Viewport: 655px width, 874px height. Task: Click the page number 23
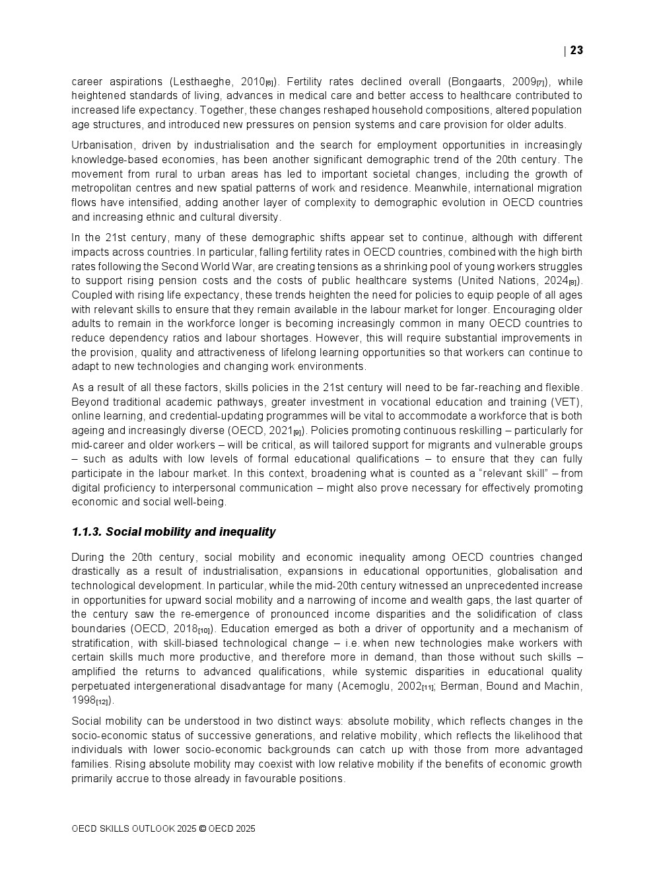tap(576, 51)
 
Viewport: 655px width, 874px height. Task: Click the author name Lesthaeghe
tap(201, 82)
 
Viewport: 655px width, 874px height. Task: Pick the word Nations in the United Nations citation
tap(515, 281)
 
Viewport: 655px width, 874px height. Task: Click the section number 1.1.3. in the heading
tap(86, 532)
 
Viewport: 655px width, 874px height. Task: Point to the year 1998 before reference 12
tap(83, 700)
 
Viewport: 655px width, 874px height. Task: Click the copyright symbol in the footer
tap(202, 829)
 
